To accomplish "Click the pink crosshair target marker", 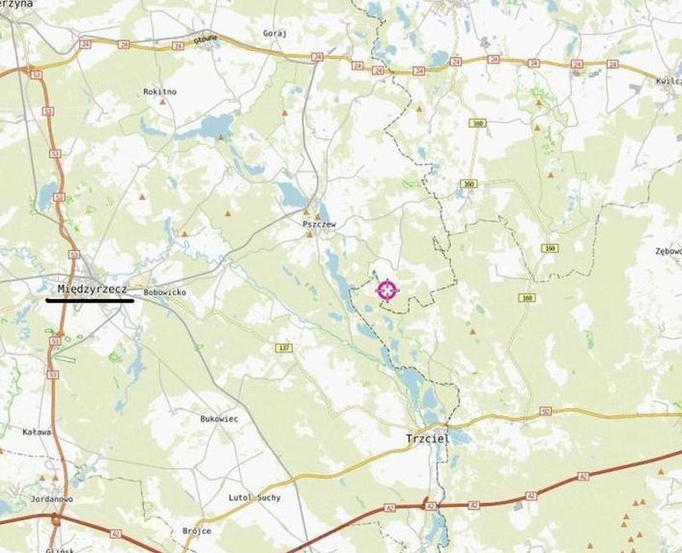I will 387,290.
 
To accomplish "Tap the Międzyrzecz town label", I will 92,289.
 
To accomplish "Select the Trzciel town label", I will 426,440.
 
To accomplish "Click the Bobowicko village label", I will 165,291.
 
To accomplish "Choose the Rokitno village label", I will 160,91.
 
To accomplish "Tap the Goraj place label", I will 275,33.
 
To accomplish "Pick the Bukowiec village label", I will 219,419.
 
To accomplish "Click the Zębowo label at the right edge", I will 668,251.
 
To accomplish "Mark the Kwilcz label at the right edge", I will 668,80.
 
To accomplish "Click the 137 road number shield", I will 283,348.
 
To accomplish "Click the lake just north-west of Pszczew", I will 292,197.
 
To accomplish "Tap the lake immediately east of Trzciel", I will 460,437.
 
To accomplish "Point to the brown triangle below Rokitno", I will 163,102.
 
